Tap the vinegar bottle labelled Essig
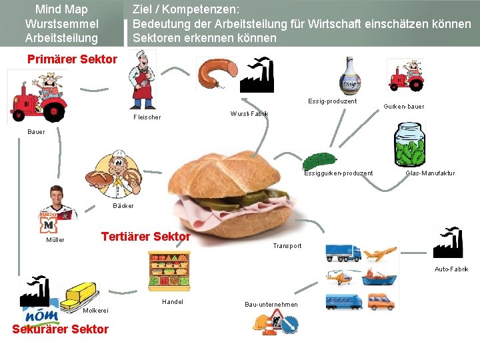(x=350, y=76)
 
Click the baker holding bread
(x=118, y=175)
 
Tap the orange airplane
(x=381, y=254)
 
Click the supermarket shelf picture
(x=169, y=271)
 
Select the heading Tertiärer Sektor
(x=145, y=237)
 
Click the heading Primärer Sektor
(x=72, y=59)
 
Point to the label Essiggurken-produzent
(x=338, y=173)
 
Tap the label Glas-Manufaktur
(x=430, y=173)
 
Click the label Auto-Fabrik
(x=451, y=269)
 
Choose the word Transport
(x=287, y=246)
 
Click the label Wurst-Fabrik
(x=249, y=114)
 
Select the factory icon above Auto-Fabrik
(x=447, y=242)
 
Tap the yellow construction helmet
(x=261, y=323)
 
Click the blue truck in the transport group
(x=343, y=253)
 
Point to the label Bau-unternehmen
(x=271, y=305)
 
